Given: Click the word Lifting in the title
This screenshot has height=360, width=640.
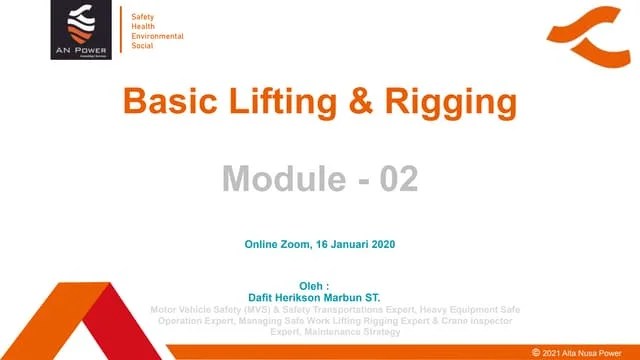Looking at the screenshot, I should coord(280,101).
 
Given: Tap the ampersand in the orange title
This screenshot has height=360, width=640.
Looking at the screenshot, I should coord(364,101).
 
